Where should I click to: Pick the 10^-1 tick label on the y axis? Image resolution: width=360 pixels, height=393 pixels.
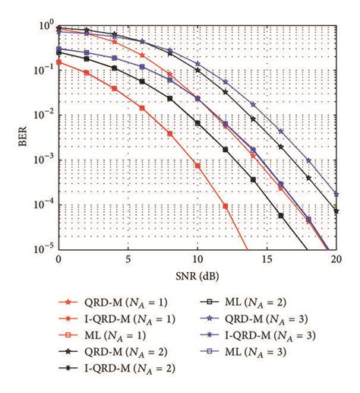tap(43, 69)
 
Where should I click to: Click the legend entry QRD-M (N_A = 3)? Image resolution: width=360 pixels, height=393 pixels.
tap(267, 319)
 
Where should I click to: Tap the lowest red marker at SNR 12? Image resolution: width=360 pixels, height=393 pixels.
tap(225, 205)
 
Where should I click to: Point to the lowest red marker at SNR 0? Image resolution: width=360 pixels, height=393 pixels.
tap(58, 62)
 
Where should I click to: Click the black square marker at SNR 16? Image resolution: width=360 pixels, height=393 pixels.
tap(280, 216)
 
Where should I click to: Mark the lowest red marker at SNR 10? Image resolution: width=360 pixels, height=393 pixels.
tap(197, 165)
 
